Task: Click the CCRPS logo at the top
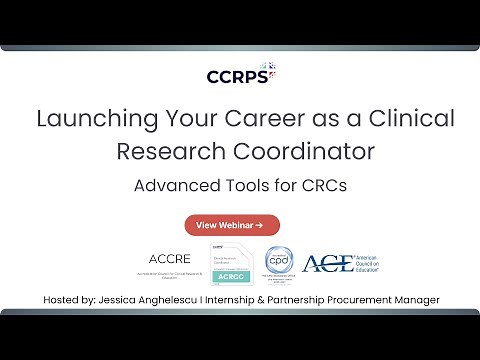point(240,75)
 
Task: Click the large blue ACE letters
point(325,263)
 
